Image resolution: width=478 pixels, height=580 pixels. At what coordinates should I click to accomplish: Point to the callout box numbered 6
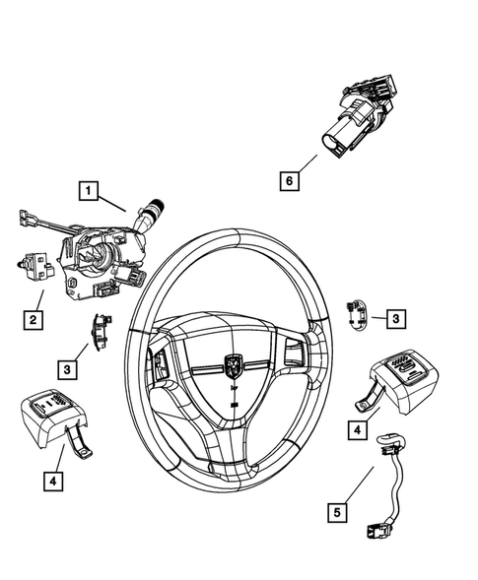tap(288, 181)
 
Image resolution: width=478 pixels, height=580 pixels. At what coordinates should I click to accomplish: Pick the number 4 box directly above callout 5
tap(356, 429)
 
